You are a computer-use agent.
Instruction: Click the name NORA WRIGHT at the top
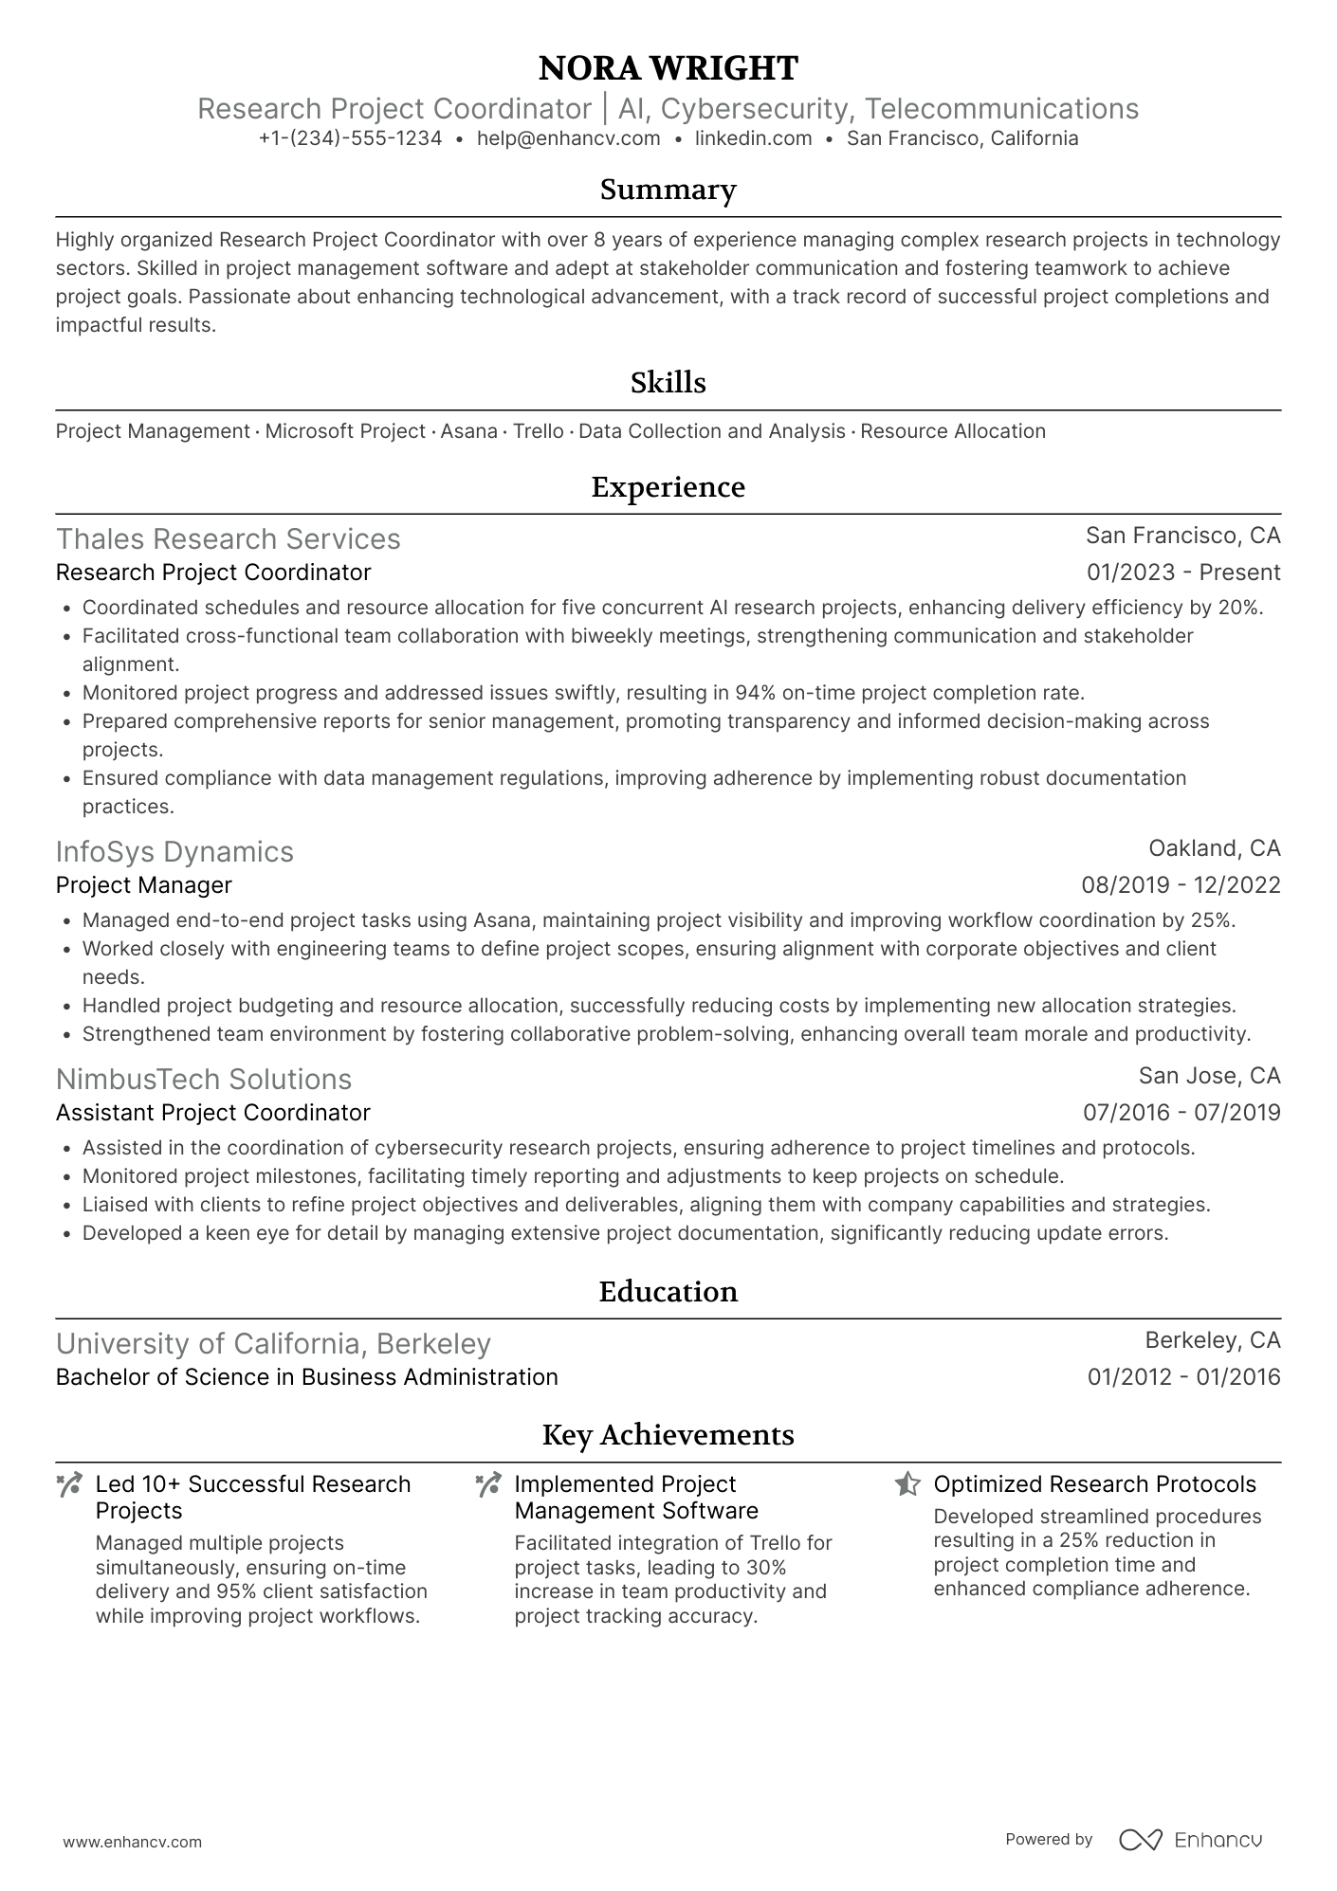tap(668, 68)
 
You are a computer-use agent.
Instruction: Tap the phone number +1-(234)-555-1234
tap(350, 138)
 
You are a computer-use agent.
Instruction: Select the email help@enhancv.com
tap(568, 138)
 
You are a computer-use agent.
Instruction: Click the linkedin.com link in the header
tap(753, 138)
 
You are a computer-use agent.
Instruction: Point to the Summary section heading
tap(668, 190)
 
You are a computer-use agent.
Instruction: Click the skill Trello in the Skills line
tap(538, 431)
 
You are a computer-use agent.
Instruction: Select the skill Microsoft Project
tap(345, 431)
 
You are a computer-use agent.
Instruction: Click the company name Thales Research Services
tap(228, 538)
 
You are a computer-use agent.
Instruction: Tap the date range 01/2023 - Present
tap(1183, 573)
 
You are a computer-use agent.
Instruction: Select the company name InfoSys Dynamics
tap(174, 851)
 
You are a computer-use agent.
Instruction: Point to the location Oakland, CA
tap(1214, 847)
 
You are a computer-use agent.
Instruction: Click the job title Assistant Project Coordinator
tap(212, 1112)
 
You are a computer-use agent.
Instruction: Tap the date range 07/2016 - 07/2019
tap(1181, 1112)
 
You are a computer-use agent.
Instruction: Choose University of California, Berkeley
tap(273, 1343)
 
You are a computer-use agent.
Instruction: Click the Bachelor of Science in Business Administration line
tap(306, 1376)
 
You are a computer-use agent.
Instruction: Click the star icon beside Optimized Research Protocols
tap(907, 1484)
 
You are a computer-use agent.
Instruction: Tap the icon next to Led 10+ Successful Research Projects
tap(69, 1484)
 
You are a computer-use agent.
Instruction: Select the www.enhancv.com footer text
tap(132, 1842)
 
